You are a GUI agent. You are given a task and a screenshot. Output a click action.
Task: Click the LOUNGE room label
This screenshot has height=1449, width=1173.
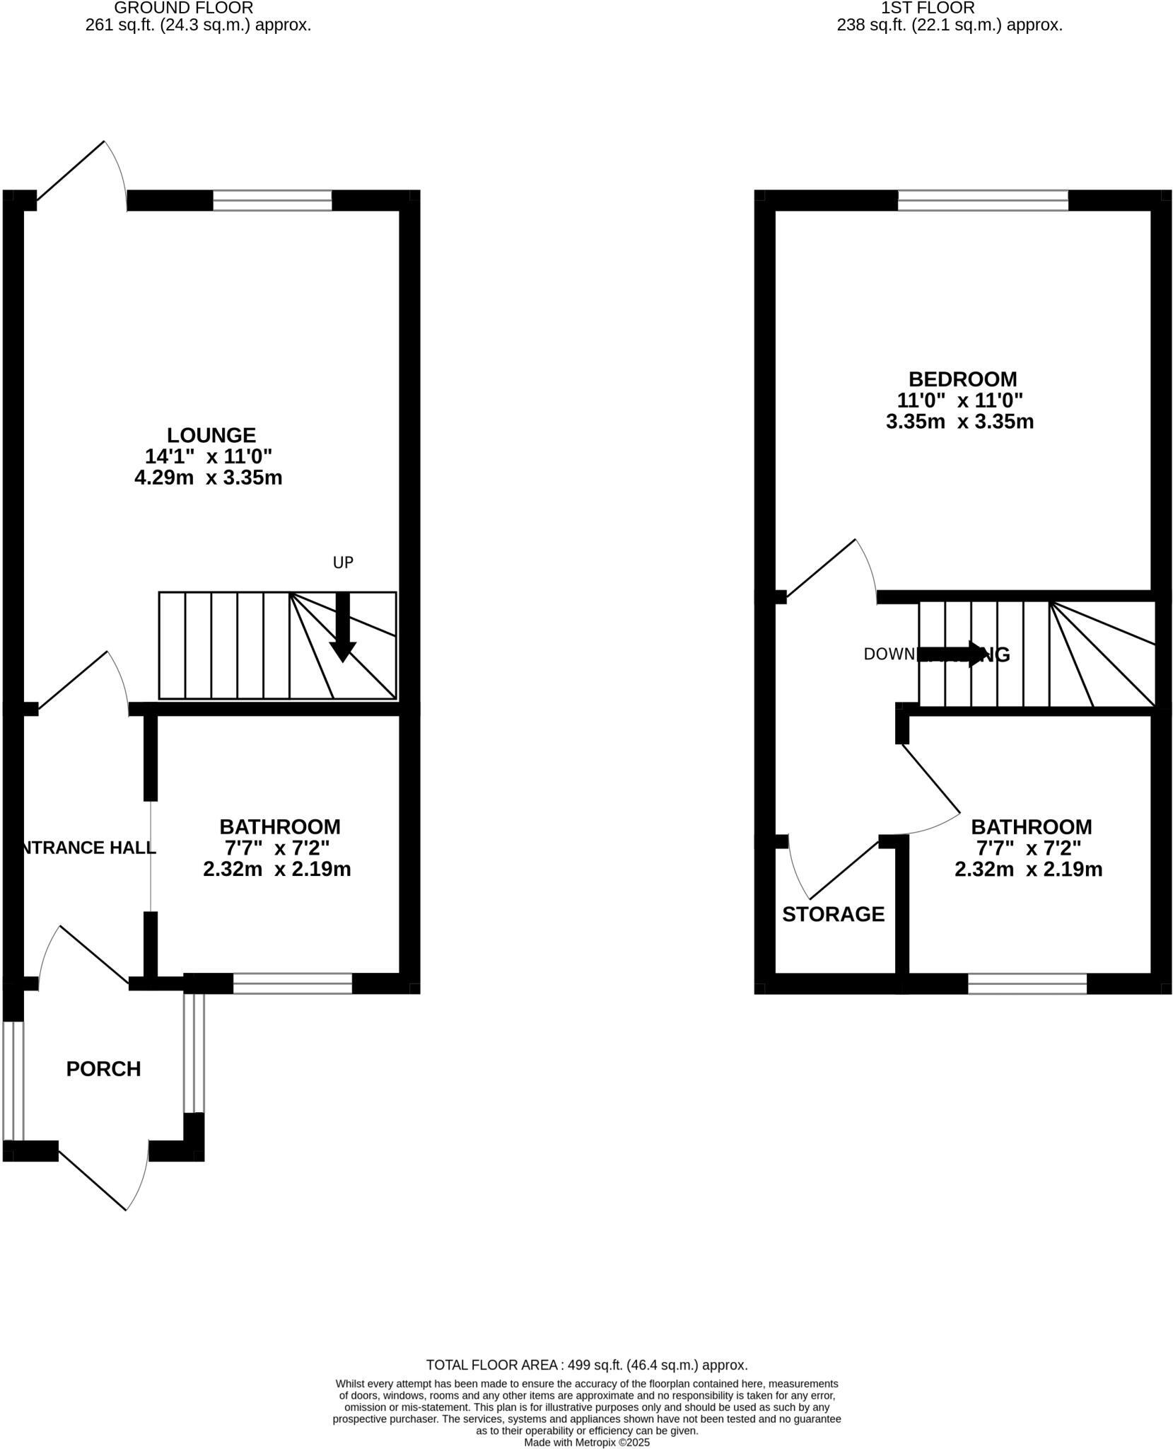[x=211, y=434]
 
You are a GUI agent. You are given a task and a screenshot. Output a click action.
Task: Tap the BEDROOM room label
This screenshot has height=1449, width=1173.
[x=962, y=379]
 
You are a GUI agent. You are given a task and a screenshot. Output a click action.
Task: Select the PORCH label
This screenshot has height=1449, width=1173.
[x=103, y=1068]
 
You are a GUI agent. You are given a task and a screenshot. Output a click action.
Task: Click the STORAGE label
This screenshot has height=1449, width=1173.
[x=833, y=914]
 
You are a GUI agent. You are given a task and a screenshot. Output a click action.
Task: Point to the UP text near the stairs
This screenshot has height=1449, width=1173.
[x=343, y=562]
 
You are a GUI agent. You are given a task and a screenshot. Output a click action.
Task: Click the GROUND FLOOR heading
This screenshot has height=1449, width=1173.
[x=183, y=8]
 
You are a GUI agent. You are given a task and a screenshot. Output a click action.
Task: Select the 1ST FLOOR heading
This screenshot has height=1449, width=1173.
[x=928, y=8]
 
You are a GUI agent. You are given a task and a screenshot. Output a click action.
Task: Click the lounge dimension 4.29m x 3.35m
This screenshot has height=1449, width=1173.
[x=209, y=478]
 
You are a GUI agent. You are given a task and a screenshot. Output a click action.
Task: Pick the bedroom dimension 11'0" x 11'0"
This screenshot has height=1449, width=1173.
[x=959, y=400]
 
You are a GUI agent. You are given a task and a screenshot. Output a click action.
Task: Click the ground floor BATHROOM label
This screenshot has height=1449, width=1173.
[x=279, y=826]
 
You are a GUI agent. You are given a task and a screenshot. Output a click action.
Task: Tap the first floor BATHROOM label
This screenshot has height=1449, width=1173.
[x=1031, y=826]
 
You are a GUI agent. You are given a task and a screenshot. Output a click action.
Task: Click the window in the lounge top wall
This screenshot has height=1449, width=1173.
[x=272, y=200]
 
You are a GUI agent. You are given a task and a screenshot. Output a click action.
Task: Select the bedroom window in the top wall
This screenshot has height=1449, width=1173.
[x=983, y=200]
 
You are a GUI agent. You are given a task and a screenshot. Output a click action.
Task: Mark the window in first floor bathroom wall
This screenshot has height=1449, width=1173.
[x=1027, y=983]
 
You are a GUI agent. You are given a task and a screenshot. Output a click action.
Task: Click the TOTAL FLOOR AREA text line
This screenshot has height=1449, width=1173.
[x=587, y=1365]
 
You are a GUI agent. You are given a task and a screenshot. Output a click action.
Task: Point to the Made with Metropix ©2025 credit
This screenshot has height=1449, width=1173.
[x=587, y=1442]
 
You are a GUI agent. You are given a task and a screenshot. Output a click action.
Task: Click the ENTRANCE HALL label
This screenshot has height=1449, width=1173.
[x=88, y=848]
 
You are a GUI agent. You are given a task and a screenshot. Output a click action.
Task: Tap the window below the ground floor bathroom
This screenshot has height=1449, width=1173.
[x=292, y=983]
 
